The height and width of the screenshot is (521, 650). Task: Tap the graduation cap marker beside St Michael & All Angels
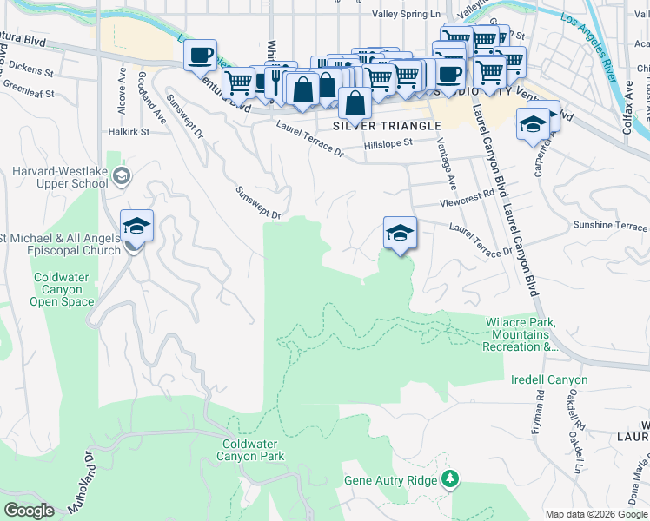click(136, 227)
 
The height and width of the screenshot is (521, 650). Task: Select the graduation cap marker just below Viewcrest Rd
click(400, 233)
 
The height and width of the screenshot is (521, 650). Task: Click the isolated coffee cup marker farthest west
click(200, 56)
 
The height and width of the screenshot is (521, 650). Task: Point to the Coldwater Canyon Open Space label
click(63, 289)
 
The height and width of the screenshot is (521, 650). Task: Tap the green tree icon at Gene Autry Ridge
click(449, 478)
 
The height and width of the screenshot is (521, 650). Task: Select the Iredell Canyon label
click(549, 380)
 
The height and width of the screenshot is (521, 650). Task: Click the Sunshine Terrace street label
click(610, 226)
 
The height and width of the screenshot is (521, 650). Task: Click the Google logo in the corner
click(29, 511)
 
